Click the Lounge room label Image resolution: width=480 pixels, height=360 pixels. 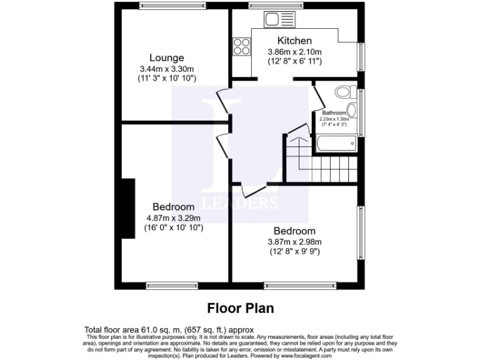click(x=166, y=57)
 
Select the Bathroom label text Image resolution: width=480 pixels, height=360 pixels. click(x=334, y=113)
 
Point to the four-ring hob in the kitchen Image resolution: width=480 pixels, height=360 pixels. click(x=241, y=46)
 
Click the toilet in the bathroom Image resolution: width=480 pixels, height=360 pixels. click(x=342, y=92)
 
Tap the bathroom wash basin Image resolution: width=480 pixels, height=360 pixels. click(x=351, y=111)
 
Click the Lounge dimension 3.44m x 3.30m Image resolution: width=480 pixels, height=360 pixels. click(x=167, y=69)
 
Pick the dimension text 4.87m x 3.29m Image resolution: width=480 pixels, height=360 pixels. click(x=174, y=217)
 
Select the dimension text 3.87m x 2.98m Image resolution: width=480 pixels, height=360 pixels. click(x=294, y=242)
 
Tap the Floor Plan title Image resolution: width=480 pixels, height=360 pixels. click(x=240, y=308)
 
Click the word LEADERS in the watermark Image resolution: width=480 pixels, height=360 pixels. click(x=246, y=203)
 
